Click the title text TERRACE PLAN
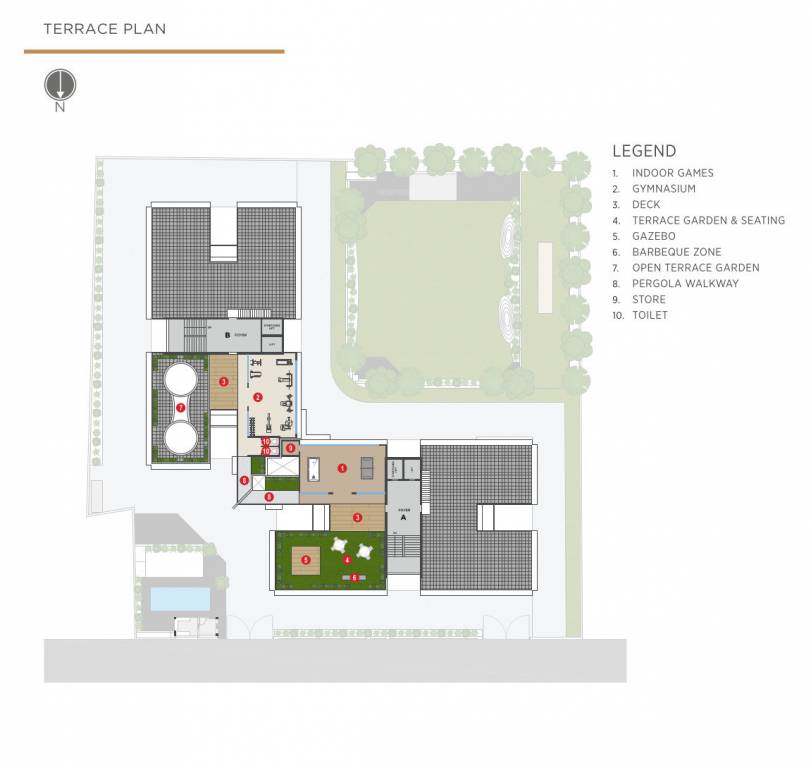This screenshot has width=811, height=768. click(x=104, y=29)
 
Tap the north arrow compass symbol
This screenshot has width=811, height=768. click(x=60, y=86)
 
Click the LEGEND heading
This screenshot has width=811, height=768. click(x=644, y=151)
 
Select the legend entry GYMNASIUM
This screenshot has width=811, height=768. click(x=664, y=189)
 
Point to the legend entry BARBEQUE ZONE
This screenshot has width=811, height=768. click(x=676, y=252)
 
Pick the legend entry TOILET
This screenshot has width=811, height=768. click(x=649, y=316)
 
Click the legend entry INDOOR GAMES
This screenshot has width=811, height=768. click(x=672, y=173)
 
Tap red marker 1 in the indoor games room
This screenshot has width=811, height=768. click(x=342, y=467)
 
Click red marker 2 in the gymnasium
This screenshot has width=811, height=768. click(x=258, y=397)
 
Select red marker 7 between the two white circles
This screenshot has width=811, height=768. click(x=181, y=407)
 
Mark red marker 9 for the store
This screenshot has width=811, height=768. click(x=290, y=448)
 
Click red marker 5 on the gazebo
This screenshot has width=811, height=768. click(x=306, y=560)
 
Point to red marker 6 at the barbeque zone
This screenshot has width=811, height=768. click(x=354, y=577)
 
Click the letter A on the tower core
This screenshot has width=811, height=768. click(x=403, y=518)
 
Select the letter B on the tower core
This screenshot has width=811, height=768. click(x=229, y=334)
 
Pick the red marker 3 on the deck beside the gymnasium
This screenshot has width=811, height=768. click(x=224, y=381)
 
